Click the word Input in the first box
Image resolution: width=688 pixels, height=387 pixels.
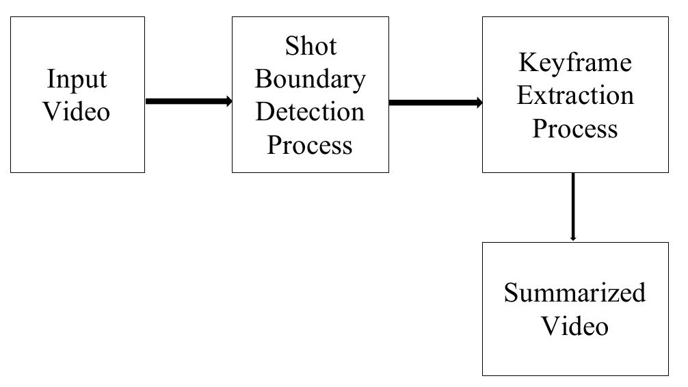pos(77,79)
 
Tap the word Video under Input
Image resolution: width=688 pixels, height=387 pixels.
pos(77,111)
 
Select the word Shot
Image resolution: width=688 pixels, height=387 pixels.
pos(310,46)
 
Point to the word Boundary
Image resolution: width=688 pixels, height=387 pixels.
pos(310,79)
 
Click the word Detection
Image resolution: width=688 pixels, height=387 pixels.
pos(310,111)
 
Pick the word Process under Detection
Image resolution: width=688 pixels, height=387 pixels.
pos(310,144)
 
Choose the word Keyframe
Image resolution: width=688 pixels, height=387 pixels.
pos(574,63)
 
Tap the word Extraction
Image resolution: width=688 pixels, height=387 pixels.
pos(574,95)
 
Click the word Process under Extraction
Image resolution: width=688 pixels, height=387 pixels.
pos(574,128)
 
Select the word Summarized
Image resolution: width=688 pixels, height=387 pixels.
pos(574,293)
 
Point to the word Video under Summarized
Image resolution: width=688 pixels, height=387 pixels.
pos(574,325)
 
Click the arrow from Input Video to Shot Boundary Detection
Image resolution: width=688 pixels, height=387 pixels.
pos(187,102)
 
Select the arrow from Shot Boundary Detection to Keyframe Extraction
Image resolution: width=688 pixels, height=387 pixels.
pos(434,103)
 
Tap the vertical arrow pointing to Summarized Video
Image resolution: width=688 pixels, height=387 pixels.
pos(573,205)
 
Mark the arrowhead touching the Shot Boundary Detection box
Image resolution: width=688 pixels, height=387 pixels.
pos(228,102)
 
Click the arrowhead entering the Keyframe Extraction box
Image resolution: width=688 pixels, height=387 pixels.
pos(479,103)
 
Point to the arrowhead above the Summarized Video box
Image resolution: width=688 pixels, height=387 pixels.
pos(573,238)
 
